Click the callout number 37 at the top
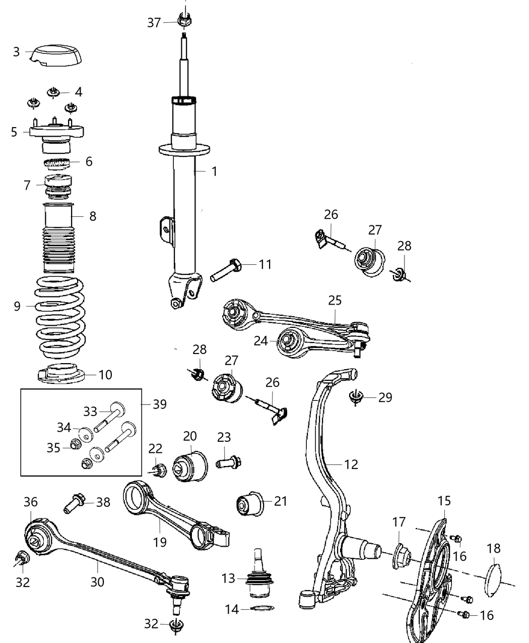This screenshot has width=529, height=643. pyautogui.click(x=154, y=22)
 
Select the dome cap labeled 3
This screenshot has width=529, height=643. pyautogui.click(x=55, y=55)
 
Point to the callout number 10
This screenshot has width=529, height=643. pyautogui.click(x=105, y=375)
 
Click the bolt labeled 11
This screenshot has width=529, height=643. pyautogui.click(x=227, y=269)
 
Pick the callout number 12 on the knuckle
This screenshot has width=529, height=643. pyautogui.click(x=351, y=464)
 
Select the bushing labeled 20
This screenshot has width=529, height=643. pyautogui.click(x=190, y=463)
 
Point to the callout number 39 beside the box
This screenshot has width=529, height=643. pyautogui.click(x=159, y=404)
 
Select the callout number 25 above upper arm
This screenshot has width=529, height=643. pyautogui.click(x=335, y=301)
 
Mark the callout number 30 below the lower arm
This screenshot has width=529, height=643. pyautogui.click(x=97, y=581)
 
